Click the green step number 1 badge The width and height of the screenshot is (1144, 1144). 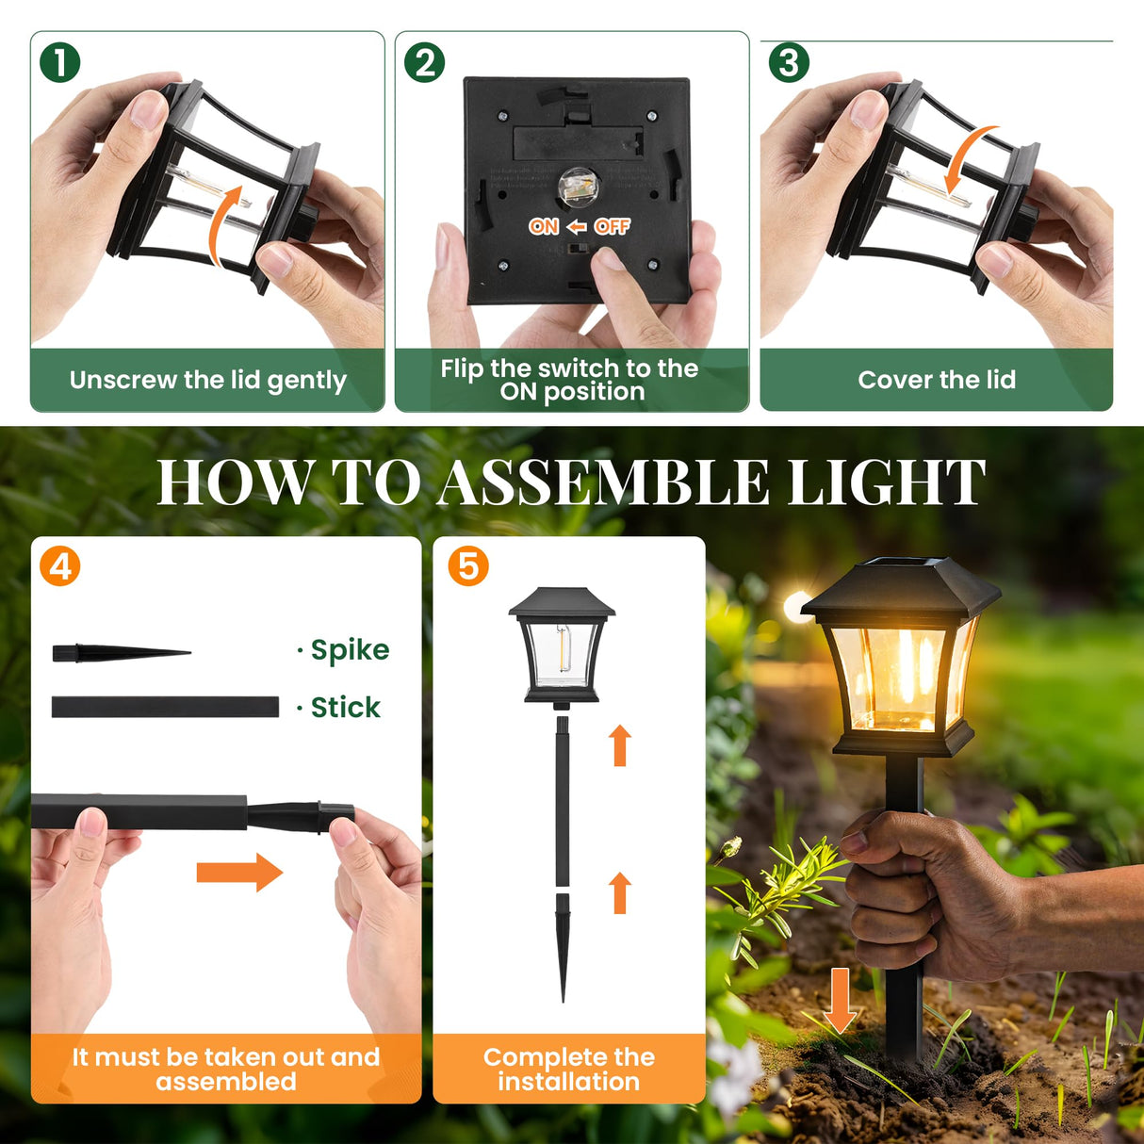[60, 63]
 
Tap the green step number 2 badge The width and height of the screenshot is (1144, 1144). [424, 63]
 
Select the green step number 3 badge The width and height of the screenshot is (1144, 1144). [789, 63]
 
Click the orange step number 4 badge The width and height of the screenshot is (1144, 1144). [60, 567]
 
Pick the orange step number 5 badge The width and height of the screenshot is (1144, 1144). [468, 567]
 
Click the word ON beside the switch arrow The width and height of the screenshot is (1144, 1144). [544, 226]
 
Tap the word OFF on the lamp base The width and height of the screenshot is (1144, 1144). [613, 226]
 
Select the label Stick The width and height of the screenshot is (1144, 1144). [345, 708]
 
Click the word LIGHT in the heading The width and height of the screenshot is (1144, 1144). [886, 482]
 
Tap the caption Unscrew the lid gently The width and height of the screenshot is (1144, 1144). [208, 380]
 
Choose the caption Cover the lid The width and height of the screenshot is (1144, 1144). [937, 380]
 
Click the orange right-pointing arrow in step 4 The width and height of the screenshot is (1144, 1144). [239, 873]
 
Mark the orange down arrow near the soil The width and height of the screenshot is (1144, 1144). [840, 1000]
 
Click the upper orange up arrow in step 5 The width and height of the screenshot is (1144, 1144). [620, 745]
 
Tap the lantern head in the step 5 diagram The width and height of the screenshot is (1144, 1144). [562, 646]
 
